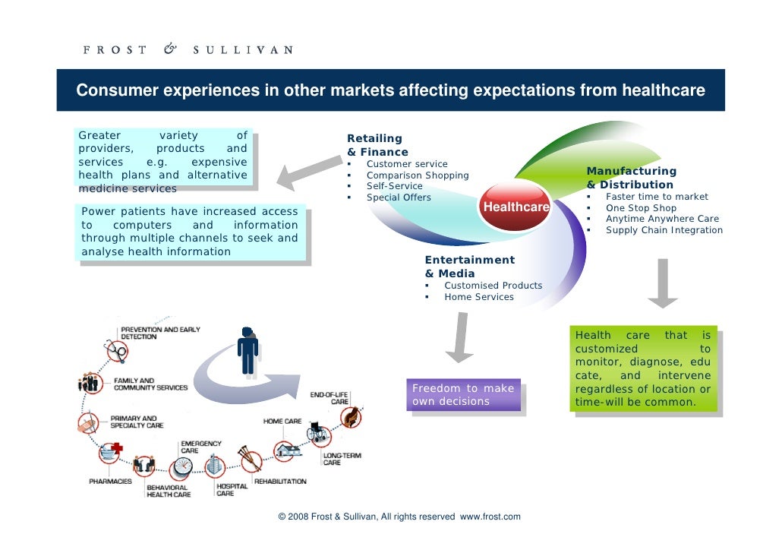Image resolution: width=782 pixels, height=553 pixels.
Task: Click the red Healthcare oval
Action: pos(516,207)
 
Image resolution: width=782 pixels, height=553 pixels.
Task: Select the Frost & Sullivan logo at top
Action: pos(188,50)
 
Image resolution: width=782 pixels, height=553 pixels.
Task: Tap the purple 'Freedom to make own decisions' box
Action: pos(463,395)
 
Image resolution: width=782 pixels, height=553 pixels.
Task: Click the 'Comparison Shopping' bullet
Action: pos(418,175)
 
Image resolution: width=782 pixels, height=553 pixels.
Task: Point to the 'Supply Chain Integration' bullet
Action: pos(664,230)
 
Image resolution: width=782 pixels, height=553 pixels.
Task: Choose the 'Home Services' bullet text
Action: pos(478,297)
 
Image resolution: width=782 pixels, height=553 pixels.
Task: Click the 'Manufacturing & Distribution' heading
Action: pos(630,178)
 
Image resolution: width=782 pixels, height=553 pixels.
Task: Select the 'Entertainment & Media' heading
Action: pos(469,267)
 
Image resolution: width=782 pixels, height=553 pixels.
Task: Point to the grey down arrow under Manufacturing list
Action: pos(662,283)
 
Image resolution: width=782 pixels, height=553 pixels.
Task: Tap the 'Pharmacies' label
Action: pos(110,482)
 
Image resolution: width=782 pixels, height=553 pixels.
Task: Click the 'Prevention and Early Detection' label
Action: pos(160,333)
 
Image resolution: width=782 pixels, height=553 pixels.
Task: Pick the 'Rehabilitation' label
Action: pos(280,482)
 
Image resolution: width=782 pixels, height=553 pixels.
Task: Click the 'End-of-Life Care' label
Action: pos(330,398)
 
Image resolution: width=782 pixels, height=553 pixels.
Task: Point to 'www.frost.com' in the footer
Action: pos(490,517)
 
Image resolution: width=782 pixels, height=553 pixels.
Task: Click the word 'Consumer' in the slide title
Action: pos(119,91)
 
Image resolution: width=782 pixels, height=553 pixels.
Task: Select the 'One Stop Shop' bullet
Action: pos(640,207)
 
